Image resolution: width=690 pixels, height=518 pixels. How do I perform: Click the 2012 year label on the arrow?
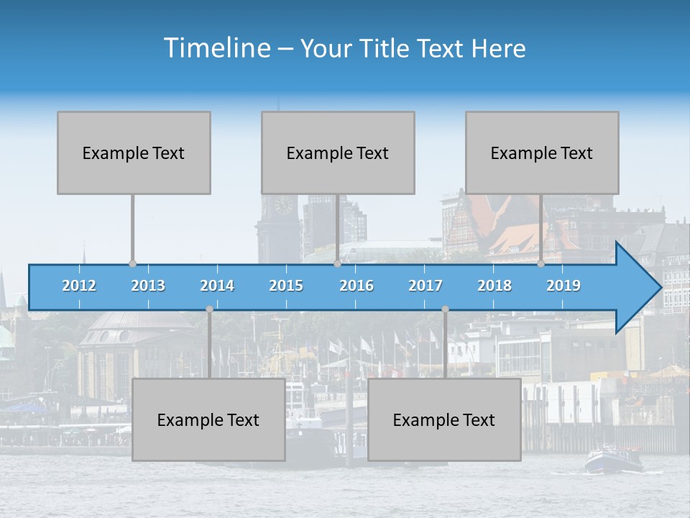pos(79,286)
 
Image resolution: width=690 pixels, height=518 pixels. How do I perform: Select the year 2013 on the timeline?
pos(148,286)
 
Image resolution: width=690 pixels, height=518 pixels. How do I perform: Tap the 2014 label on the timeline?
pos(217,286)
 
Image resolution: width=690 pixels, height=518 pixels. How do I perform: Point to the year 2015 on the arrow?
pos(286,286)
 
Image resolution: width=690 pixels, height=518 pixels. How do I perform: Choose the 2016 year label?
pos(356,286)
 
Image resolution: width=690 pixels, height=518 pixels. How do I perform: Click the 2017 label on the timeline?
pos(425,286)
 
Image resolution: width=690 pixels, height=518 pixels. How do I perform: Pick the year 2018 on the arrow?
pos(494,286)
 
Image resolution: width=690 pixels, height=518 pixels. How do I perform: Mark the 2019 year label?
pos(563,286)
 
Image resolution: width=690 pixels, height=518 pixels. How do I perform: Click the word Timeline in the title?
pos(216,48)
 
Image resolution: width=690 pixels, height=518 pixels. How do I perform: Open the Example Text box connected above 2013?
pos(134,153)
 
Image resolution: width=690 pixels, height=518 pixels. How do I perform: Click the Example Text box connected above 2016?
pos(338,153)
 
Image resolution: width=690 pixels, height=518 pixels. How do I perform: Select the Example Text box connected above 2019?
pos(542,153)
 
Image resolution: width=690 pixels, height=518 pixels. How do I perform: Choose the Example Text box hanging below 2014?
pos(208,419)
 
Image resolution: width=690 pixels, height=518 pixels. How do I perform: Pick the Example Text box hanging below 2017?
pos(444,419)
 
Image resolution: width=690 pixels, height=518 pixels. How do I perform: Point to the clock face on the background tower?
pos(283,204)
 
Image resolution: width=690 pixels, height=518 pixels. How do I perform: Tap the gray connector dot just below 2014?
pos(209,309)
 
